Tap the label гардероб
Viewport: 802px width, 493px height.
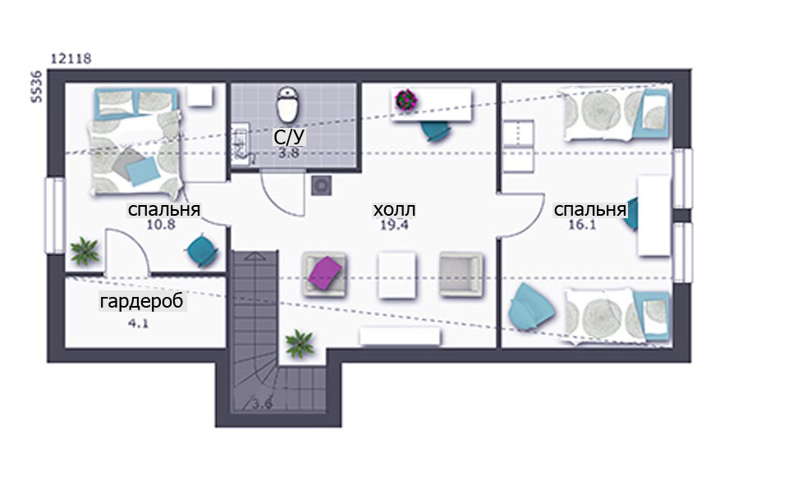tap(142, 301)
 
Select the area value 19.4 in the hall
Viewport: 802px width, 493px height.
tap(394, 225)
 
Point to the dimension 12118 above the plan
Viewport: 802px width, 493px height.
tap(71, 59)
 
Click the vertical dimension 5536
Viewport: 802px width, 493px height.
tap(36, 87)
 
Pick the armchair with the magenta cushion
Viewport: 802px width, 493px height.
tap(324, 274)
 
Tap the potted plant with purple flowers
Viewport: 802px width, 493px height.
tap(406, 100)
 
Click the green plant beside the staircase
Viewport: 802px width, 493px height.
tap(300, 344)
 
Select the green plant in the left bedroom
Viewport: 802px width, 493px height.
tap(85, 251)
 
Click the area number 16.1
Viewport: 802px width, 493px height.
tap(582, 225)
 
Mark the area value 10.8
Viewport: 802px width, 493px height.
tap(161, 224)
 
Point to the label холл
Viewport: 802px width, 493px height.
tap(394, 209)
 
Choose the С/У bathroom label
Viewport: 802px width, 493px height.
tap(289, 137)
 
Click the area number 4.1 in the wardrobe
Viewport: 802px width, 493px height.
tap(138, 323)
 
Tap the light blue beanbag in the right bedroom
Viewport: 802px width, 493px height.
tap(531, 305)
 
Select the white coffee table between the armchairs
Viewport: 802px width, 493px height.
tap(396, 275)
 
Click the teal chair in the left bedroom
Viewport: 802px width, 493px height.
tap(202, 250)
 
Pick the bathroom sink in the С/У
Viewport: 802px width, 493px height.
tap(240, 144)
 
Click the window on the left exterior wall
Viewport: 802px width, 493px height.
tap(55, 215)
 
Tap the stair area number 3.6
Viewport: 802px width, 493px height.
tap(261, 404)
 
